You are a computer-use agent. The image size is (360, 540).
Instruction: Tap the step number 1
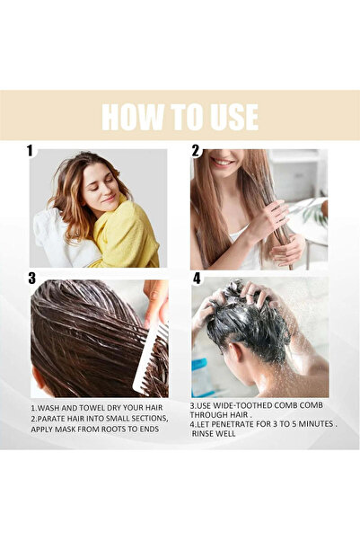tap(30, 150)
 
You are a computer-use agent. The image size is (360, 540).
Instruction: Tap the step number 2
tap(196, 151)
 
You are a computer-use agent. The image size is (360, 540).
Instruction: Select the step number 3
tap(31, 278)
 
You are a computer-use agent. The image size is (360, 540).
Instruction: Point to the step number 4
tap(198, 278)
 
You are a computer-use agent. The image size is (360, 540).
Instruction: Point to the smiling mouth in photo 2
tap(224, 164)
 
